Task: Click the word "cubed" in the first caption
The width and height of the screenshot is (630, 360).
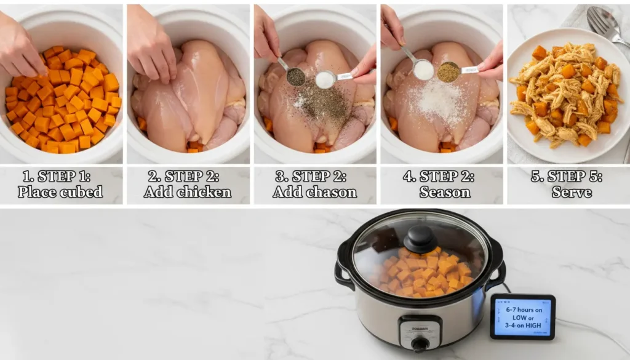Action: point(81,192)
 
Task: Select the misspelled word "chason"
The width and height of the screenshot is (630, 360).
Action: point(332,192)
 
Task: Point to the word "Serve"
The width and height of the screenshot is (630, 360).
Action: point(572,192)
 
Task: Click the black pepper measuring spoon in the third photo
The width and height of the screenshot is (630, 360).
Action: point(295,76)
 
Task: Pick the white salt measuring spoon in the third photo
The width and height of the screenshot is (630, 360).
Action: point(325,79)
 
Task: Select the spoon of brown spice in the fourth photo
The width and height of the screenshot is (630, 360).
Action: point(449,72)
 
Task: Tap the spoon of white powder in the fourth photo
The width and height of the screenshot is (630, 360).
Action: point(423,70)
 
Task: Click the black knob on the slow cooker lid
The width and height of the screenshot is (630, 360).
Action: point(420,239)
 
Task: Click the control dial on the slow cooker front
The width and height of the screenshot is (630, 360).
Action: point(420,343)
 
